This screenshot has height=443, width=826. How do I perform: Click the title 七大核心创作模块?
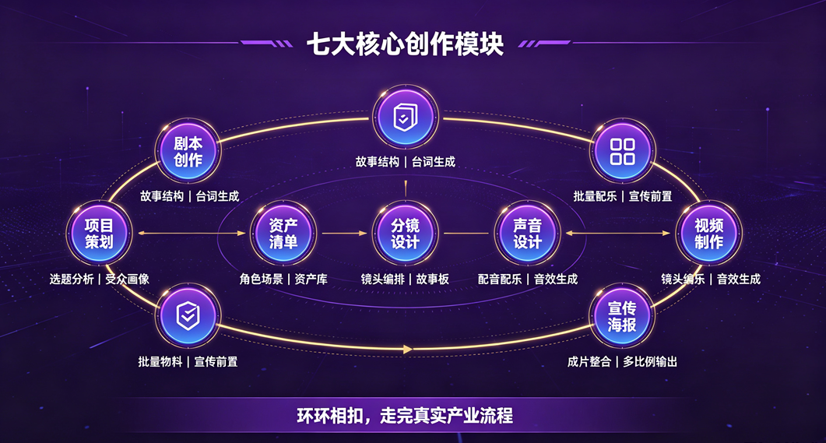point(405,44)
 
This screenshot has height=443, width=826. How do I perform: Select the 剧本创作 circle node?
point(188,151)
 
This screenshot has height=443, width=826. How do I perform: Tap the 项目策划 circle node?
point(99,234)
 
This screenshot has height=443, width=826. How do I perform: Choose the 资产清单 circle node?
point(283,234)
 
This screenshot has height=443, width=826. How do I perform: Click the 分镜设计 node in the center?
point(405,234)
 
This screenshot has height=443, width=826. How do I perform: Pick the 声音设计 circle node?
point(527,234)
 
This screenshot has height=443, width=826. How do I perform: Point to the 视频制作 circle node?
point(708,234)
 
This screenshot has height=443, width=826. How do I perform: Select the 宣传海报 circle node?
point(622,316)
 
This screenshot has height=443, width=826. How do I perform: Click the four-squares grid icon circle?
point(622,151)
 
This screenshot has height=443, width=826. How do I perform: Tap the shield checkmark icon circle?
point(188,316)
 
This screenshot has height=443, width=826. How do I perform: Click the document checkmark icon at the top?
point(405,117)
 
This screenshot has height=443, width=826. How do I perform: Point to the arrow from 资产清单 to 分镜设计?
point(345,233)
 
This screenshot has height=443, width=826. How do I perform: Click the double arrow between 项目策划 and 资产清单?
point(192,233)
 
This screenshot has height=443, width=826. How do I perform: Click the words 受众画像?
point(128,280)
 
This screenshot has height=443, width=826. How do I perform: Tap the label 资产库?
point(311,280)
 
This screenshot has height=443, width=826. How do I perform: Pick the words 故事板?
point(433,280)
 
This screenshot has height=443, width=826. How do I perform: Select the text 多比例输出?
point(650,362)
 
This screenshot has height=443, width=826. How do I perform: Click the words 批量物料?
point(160,362)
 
